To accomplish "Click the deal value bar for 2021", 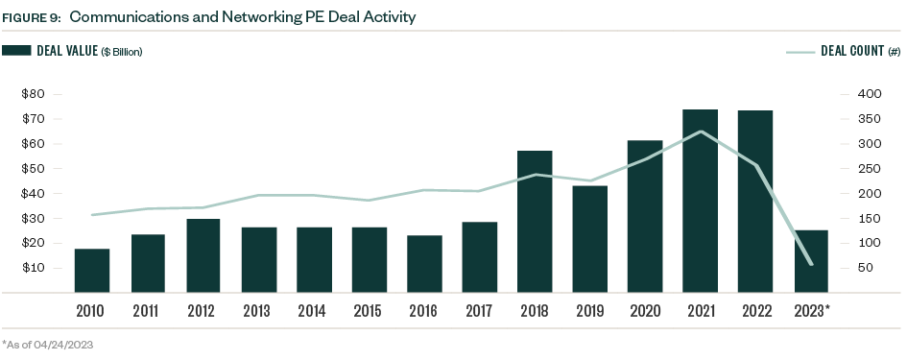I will (x=701, y=201).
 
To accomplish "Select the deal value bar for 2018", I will (x=536, y=221).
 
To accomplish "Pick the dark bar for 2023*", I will (x=811, y=260).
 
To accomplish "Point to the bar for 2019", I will (x=590, y=238).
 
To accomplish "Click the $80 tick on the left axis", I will (x=34, y=94).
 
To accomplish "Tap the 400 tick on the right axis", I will (x=866, y=94).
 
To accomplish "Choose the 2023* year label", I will (x=814, y=311).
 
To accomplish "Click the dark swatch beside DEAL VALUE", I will (x=17, y=51).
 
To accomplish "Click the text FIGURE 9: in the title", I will (x=32, y=17).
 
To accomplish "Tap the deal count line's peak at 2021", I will (x=701, y=132).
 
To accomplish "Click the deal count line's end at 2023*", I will (x=811, y=264).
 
